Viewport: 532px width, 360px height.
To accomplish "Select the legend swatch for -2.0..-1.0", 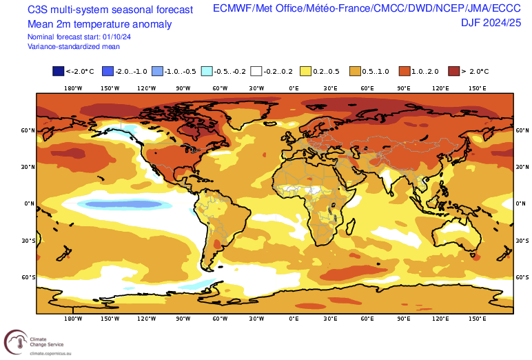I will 108,71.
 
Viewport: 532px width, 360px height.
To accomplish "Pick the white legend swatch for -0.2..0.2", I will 256,71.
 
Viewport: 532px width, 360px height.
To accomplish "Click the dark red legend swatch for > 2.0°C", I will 454,71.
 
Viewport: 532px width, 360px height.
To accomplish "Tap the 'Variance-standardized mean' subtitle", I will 74,46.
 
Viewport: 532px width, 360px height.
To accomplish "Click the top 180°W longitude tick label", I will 73,88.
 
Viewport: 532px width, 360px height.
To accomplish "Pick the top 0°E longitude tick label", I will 294,88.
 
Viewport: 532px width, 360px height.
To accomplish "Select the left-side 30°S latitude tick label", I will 29,241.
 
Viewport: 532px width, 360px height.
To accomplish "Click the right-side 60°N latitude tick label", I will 522,130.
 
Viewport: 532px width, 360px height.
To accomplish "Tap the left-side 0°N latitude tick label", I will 30,203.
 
